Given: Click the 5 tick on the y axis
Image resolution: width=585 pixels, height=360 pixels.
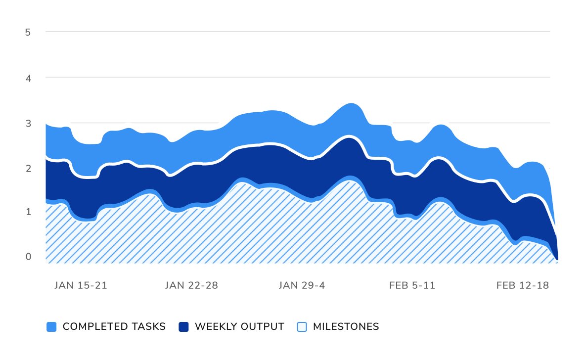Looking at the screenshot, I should coord(28,32).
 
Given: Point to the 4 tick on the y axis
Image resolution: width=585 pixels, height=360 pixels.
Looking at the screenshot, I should coord(28,78).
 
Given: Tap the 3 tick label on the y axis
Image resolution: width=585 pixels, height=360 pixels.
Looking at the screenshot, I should coord(28,123).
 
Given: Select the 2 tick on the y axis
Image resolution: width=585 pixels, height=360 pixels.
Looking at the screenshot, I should coord(28,168).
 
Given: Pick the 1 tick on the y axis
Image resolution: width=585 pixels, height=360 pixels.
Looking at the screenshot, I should coord(28,212).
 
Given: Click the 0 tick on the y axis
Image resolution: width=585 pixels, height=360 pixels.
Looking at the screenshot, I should coord(28,257).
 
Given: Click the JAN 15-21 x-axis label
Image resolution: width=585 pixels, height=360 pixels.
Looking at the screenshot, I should coord(81,285).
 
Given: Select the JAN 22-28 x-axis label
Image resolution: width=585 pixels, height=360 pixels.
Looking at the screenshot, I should coord(191,285).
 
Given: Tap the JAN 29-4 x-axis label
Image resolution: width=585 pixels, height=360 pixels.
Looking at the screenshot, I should coord(302,285).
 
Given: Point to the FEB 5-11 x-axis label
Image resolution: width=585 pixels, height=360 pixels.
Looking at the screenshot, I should coord(412,285).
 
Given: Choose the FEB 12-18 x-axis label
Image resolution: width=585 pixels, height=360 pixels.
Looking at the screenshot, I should coord(523,285).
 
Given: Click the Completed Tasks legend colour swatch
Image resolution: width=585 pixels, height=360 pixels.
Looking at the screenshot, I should coord(51,327).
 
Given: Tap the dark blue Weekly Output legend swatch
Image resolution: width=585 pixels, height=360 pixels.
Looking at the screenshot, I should coord(183,327).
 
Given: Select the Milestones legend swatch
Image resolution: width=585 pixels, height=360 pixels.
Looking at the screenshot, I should coord(302,327).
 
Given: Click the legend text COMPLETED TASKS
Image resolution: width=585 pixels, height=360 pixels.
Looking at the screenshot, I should coord(114,327).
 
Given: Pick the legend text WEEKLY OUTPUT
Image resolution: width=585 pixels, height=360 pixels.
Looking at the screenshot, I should coord(239,327).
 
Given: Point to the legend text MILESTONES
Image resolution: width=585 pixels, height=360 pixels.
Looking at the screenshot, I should coord(346,327).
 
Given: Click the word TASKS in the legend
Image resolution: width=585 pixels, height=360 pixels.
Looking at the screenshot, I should coord(148,327).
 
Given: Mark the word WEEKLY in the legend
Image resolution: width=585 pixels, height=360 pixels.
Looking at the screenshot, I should coord(216,327).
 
